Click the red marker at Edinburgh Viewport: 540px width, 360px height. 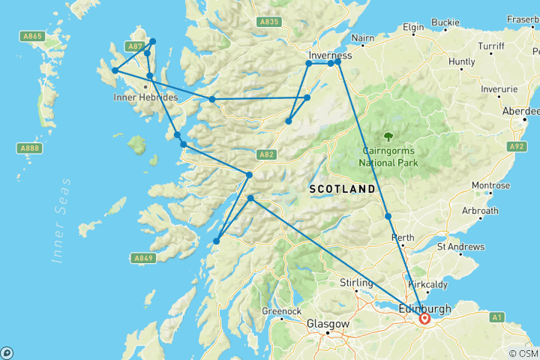point(425,318)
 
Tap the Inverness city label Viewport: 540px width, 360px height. point(330,55)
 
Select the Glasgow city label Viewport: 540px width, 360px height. point(328,324)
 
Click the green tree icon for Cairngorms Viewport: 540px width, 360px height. point(388,136)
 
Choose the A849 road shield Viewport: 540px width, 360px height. point(144,258)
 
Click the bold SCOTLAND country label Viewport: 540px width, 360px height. point(341,189)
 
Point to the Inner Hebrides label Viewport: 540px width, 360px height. point(145,97)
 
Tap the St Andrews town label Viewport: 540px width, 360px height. point(461,247)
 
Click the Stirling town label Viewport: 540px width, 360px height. point(355,283)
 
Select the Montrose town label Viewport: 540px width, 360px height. point(491,185)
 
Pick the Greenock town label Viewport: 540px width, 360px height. point(281,310)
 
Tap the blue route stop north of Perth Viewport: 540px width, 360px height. point(388,216)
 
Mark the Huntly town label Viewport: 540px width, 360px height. point(461,61)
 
